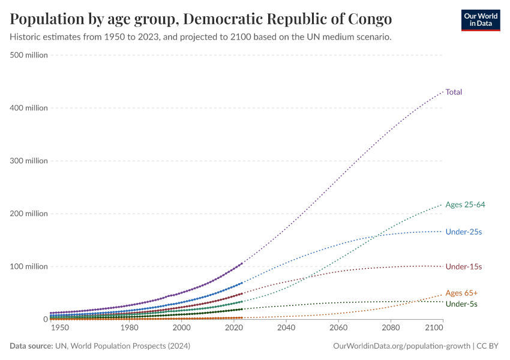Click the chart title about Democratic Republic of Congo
pos(201,19)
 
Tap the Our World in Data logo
pos(480,20)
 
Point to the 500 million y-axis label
pos(29,55)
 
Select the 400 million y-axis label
pos(29,108)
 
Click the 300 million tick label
pos(29,161)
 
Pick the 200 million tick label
pos(29,214)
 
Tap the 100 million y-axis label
pos(29,266)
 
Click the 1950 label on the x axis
pos(59,328)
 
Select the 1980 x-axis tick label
pos(130,328)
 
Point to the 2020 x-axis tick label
pos(234,328)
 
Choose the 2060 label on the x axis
pos(338,328)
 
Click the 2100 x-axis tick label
pos(434,328)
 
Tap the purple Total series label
pos(454,92)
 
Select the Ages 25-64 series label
pos(465,205)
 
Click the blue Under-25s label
pos(464,232)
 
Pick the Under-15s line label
pos(464,266)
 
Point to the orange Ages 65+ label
pos(461,293)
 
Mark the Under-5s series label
pos(461,304)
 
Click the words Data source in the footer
pos(31,346)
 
